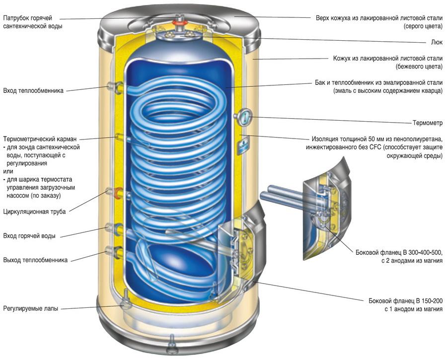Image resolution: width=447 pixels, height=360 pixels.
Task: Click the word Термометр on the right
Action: click(428, 122)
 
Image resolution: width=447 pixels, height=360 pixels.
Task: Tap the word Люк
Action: click(438, 43)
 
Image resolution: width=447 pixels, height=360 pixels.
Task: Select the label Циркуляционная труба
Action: click(34, 211)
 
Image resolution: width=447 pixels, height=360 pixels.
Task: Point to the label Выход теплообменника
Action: click(35, 259)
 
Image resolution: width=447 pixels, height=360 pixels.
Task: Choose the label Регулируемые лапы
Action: click(30, 308)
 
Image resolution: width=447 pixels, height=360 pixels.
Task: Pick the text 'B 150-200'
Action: click(425, 301)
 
